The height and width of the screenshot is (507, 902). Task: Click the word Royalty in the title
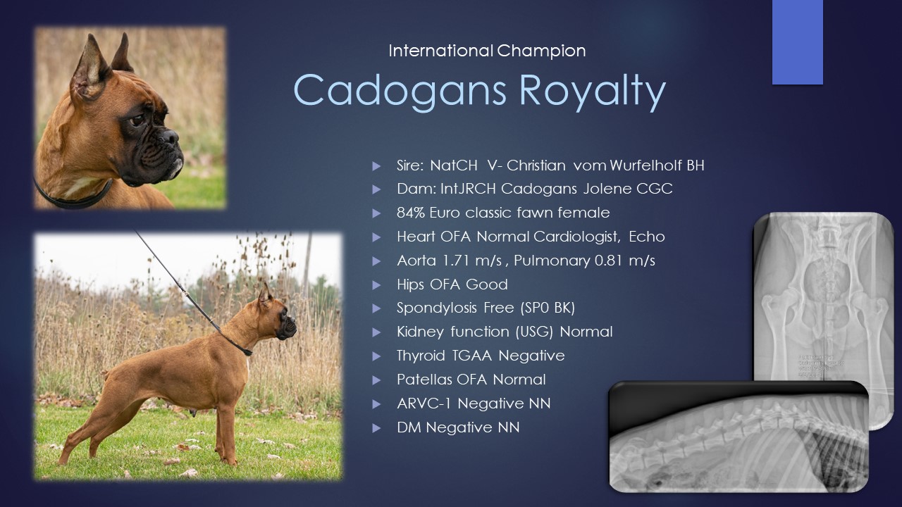[x=592, y=92]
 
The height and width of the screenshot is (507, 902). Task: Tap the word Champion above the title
[x=541, y=51]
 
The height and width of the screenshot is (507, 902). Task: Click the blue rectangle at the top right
[x=797, y=42]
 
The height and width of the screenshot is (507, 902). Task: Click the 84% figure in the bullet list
[x=411, y=213]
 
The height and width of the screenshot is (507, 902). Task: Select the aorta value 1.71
[x=457, y=261]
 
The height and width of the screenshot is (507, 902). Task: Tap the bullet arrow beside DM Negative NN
[x=376, y=427]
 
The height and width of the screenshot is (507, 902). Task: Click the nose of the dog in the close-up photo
[x=170, y=137]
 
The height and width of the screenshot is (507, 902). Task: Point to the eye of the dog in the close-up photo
[x=137, y=120]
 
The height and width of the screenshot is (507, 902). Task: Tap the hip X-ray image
[x=823, y=318]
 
